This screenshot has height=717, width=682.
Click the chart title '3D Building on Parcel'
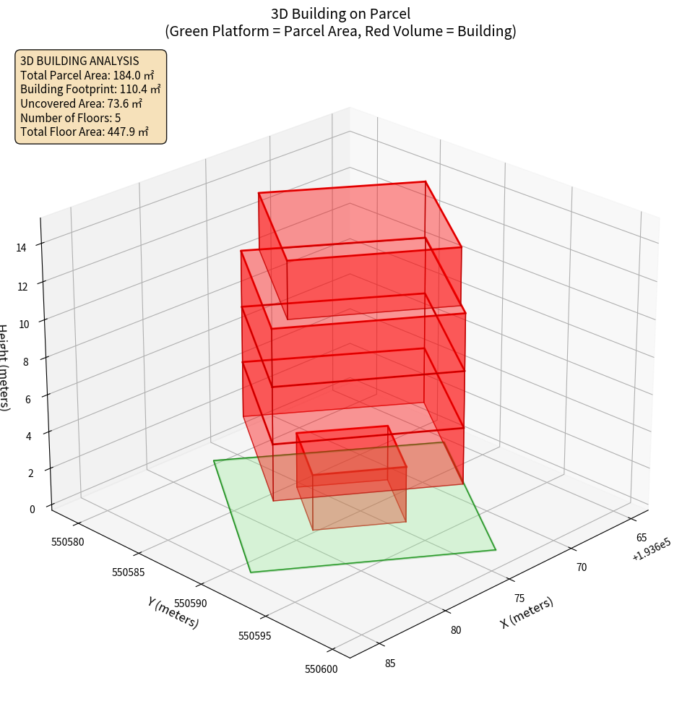click(340, 14)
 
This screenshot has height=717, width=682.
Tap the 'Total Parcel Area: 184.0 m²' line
click(87, 75)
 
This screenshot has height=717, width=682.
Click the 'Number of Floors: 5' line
click(71, 118)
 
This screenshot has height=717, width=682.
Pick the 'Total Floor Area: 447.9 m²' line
click(85, 132)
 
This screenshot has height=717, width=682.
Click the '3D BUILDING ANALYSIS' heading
click(79, 61)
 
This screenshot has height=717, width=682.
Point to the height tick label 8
click(25, 361)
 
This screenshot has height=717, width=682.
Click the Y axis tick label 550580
click(68, 541)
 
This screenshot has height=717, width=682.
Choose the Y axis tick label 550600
click(321, 669)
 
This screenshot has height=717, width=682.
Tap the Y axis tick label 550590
click(191, 604)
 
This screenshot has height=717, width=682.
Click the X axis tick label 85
click(390, 664)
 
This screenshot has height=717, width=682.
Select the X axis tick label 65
click(642, 538)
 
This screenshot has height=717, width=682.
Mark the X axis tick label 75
click(519, 598)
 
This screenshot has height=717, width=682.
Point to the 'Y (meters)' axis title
click(173, 612)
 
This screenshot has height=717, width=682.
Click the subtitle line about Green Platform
click(340, 31)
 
